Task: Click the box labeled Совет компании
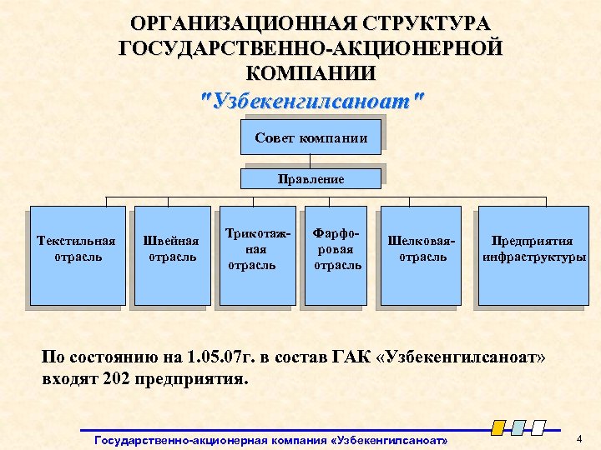tap(311, 137)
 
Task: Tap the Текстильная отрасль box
tap(77, 254)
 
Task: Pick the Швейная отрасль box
tap(172, 254)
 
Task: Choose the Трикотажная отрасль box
tap(257, 254)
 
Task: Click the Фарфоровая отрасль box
tap(336, 254)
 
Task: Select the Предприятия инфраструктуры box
tap(531, 254)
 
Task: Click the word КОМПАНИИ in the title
tap(311, 72)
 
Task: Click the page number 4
tap(578, 438)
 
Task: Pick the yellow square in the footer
tap(497, 428)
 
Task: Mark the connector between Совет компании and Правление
tap(311, 162)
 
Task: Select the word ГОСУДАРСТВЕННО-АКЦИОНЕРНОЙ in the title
tap(311, 47)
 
